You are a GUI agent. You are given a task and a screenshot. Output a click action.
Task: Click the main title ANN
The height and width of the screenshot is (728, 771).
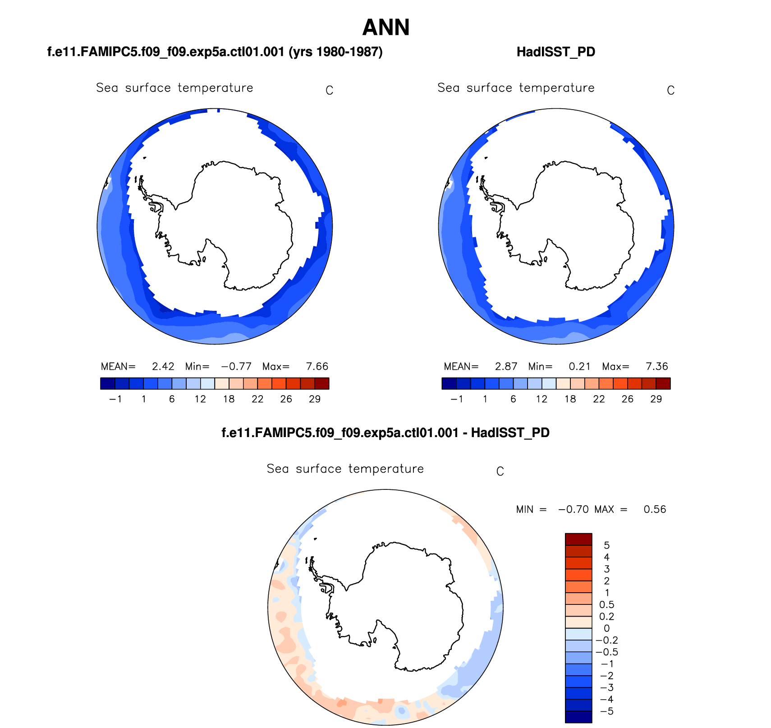coord(386,28)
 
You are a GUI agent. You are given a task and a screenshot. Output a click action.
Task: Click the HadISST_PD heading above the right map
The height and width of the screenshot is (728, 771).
coord(555,52)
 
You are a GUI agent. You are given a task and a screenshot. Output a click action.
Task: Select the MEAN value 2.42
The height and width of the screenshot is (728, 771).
coord(163,366)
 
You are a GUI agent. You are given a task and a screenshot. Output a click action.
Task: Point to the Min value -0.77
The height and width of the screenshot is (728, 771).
coord(236,366)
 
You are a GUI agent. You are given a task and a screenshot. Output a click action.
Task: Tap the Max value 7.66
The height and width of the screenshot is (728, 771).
coord(317,366)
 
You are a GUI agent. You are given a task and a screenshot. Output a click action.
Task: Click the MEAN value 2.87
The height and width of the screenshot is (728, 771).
coord(506,366)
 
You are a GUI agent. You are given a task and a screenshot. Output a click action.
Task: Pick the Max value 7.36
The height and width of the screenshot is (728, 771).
coord(656,366)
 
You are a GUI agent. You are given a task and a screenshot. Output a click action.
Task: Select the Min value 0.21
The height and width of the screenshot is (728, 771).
coord(579,366)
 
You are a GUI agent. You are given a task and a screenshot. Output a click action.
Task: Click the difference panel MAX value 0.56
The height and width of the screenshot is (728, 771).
coord(655,509)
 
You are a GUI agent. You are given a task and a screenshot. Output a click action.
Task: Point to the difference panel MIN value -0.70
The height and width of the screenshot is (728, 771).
coord(573,509)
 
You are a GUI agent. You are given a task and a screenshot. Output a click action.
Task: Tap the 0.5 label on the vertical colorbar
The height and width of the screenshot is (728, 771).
coord(606,605)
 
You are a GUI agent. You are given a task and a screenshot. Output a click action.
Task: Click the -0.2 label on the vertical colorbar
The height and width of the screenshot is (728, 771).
coord(606,640)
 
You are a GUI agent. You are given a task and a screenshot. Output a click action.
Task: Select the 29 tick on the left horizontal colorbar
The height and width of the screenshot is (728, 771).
coord(315,399)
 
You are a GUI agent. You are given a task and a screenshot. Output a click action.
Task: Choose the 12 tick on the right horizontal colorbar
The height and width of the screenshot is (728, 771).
coord(542,399)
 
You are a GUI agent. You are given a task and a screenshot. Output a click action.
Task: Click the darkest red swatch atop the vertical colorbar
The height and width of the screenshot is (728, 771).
coord(578,539)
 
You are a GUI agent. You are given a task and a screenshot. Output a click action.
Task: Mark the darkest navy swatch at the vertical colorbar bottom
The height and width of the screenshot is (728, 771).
coord(578,717)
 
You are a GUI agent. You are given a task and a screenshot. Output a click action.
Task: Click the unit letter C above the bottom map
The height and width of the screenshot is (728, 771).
coord(500,471)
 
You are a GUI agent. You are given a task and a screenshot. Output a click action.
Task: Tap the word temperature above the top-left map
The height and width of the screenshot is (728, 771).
coord(216,88)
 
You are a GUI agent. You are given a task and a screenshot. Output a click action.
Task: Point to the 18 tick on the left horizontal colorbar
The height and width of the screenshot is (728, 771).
coord(229,399)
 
